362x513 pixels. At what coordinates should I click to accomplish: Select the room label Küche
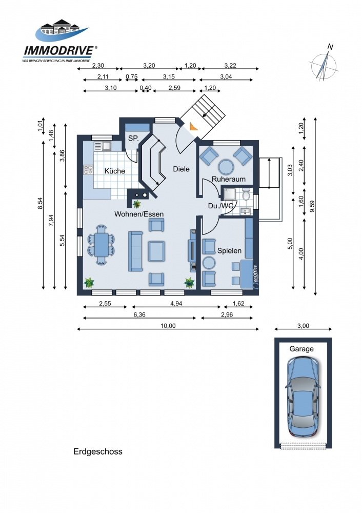(114, 171)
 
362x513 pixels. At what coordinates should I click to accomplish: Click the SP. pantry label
(133, 139)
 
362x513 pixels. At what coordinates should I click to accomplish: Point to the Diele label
(181, 169)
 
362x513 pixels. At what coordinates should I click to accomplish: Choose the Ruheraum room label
(229, 179)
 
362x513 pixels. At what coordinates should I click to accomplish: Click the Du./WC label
(221, 206)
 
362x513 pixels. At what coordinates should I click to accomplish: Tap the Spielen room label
(229, 251)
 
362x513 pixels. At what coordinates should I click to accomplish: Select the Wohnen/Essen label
(139, 214)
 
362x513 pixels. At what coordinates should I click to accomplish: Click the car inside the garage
(303, 397)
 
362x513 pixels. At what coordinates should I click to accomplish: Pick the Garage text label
(301, 349)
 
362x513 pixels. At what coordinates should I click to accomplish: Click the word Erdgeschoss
(98, 452)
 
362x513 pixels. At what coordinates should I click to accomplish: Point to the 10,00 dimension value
(168, 326)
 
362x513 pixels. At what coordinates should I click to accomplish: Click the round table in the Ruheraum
(226, 167)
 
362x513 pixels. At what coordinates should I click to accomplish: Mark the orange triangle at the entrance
(193, 126)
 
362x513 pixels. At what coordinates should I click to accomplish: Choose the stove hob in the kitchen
(88, 169)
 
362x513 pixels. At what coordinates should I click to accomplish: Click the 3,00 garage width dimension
(303, 326)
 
